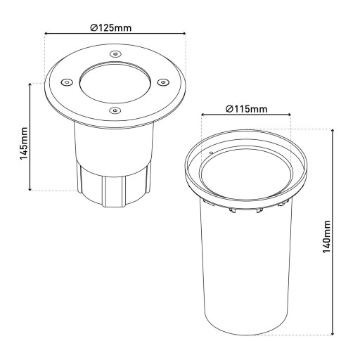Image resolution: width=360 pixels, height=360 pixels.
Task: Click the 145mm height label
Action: tap(23, 143)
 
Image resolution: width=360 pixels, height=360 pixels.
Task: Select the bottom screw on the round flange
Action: tap(115, 110)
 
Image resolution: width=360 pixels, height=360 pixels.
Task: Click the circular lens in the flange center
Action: tap(115, 81)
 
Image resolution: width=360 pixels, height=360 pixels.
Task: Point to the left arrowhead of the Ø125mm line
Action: tap(46, 33)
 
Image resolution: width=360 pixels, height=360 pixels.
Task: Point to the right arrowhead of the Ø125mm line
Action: tap(183, 33)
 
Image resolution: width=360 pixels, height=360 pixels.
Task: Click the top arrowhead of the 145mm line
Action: tap(30, 84)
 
